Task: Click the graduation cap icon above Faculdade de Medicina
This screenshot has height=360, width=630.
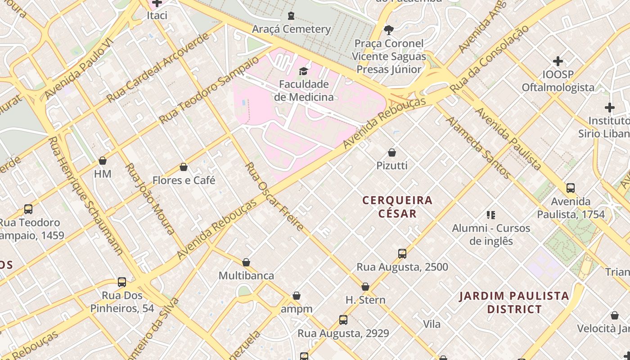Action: pyautogui.click(x=303, y=71)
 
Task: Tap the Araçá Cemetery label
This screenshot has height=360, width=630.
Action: pyautogui.click(x=291, y=29)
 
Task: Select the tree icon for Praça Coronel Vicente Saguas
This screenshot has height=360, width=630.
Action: pyautogui.click(x=388, y=30)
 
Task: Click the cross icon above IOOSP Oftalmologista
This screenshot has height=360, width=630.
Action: pyautogui.click(x=558, y=61)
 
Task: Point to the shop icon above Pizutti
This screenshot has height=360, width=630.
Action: pyautogui.click(x=392, y=153)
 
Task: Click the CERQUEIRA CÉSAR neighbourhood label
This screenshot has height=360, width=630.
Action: pyautogui.click(x=397, y=207)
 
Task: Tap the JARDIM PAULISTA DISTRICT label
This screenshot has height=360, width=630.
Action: pyautogui.click(x=514, y=302)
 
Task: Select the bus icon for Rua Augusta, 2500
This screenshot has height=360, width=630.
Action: pyautogui.click(x=402, y=254)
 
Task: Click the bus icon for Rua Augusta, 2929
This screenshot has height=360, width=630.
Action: pyautogui.click(x=343, y=320)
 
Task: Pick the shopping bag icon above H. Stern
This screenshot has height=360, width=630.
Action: pyautogui.click(x=365, y=287)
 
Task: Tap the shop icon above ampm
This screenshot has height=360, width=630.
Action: pyautogui.click(x=297, y=296)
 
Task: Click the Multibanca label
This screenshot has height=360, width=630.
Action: pyautogui.click(x=246, y=275)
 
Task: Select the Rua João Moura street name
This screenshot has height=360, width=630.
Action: pyautogui.click(x=150, y=198)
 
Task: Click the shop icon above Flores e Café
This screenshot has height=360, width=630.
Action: pyautogui.click(x=184, y=167)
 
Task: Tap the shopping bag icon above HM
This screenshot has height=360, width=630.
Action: pyautogui.click(x=103, y=161)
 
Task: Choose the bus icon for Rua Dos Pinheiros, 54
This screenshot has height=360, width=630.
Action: pyautogui.click(x=122, y=282)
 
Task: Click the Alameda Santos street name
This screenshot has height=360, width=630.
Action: pyautogui.click(x=478, y=148)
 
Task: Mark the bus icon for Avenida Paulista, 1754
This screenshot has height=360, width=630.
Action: pyautogui.click(x=571, y=188)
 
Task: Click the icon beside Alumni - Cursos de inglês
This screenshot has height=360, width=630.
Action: pyautogui.click(x=491, y=215)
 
